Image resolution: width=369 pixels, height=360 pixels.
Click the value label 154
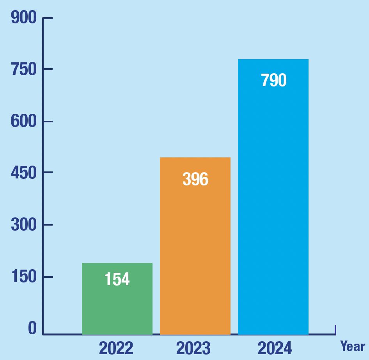(117, 279)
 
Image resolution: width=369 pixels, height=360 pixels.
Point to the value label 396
(195, 179)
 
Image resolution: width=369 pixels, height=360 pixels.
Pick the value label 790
(274, 80)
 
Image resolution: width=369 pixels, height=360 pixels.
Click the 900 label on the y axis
(23, 18)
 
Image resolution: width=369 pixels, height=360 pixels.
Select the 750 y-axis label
(23, 69)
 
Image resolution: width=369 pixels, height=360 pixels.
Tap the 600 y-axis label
(23, 121)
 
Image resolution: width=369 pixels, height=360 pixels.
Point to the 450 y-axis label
(23, 173)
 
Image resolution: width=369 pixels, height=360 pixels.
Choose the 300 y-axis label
(23, 225)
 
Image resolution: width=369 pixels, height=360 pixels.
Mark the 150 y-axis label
(23, 277)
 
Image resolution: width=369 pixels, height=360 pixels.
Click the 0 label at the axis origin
(32, 328)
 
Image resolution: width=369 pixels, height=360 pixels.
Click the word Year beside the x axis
(353, 346)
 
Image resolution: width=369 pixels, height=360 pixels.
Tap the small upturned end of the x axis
(335, 329)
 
